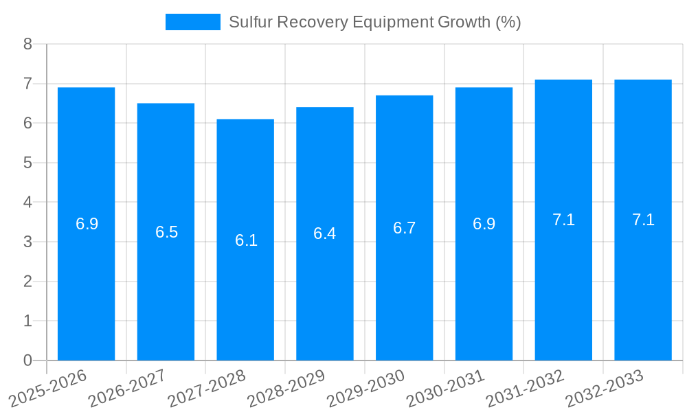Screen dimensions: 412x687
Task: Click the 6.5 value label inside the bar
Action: tap(166, 232)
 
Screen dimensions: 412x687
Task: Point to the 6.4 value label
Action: tap(324, 233)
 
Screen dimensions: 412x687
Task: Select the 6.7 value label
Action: tap(404, 228)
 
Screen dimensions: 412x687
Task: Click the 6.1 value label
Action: tap(246, 240)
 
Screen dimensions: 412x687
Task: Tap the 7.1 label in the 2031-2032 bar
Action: tap(563, 220)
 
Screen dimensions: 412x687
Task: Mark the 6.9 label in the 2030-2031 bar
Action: tap(484, 224)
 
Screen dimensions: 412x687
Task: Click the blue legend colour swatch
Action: tap(193, 22)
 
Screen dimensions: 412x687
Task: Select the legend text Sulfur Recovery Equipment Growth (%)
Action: tap(374, 22)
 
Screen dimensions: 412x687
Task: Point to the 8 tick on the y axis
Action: tap(27, 44)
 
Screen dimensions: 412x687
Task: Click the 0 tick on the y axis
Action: tap(27, 360)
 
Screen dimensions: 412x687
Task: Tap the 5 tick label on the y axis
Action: tap(27, 163)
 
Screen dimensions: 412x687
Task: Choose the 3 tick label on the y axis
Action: tap(27, 242)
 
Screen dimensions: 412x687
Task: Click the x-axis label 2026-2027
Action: tap(126, 388)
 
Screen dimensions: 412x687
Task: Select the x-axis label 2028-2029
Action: tap(286, 388)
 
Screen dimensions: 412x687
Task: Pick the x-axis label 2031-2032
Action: tap(525, 388)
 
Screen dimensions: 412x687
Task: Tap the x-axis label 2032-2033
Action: tap(605, 388)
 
